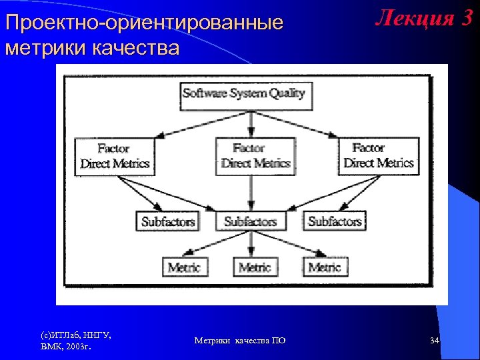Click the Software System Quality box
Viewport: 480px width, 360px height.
[x=244, y=94]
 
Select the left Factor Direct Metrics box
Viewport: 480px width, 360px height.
[x=115, y=156]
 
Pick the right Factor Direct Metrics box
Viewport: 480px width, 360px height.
[x=379, y=155]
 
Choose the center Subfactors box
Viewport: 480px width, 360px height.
[x=250, y=221]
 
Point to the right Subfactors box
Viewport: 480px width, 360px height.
[x=334, y=221]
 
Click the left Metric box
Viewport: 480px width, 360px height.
[x=184, y=267]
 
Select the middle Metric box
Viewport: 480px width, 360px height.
[x=255, y=267]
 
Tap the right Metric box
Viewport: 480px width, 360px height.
[x=325, y=267]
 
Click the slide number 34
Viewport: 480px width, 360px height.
[x=434, y=341]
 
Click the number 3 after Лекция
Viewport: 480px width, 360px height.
[x=465, y=19]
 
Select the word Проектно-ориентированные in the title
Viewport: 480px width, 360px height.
[x=143, y=23]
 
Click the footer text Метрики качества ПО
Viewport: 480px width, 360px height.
[x=239, y=341]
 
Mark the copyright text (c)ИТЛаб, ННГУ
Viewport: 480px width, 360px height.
[x=75, y=335]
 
